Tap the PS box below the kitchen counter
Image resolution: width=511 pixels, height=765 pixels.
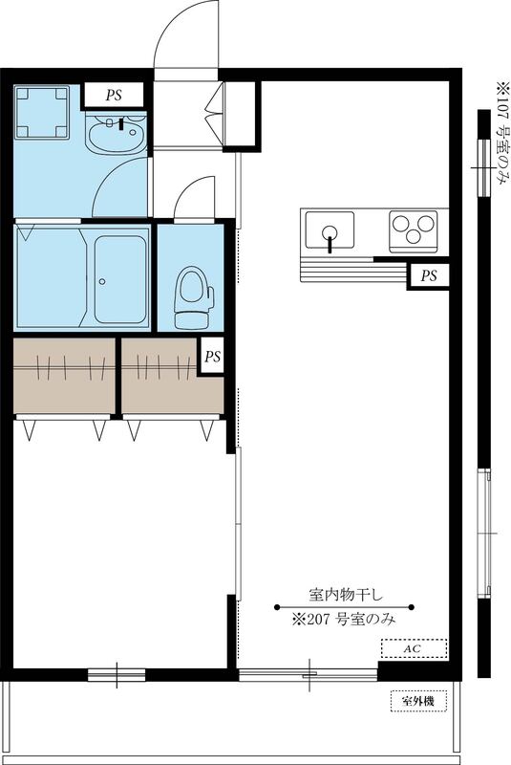(430, 275)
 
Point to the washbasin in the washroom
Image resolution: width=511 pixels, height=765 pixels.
(116, 134)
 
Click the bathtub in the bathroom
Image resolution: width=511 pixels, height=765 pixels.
(119, 276)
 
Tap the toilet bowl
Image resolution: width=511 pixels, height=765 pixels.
(191, 291)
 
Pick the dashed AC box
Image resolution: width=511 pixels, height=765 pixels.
(413, 648)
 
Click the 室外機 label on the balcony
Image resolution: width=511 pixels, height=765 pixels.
(417, 702)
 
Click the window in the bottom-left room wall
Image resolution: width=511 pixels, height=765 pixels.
(117, 675)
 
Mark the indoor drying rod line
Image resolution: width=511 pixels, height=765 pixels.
(344, 606)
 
